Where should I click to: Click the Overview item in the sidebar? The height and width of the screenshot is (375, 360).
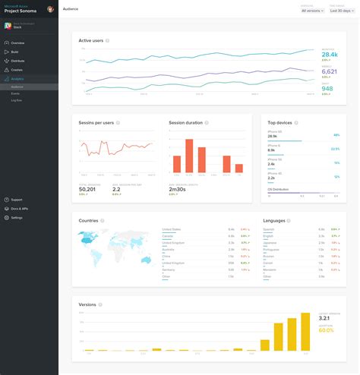(x=18, y=43)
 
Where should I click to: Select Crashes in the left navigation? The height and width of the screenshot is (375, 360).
(x=17, y=70)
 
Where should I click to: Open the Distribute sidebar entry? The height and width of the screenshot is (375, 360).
(x=18, y=61)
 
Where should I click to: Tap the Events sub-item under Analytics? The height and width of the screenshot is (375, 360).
(x=16, y=93)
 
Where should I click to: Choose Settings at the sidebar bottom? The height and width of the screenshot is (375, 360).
(x=17, y=217)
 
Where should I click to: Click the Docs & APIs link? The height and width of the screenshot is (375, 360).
(x=20, y=208)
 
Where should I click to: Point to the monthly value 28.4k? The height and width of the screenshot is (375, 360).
(x=329, y=55)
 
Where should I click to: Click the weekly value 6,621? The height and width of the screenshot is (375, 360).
(x=329, y=72)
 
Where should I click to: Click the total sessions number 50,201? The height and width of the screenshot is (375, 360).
(x=89, y=190)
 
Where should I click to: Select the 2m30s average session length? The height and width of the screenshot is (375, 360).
(x=178, y=190)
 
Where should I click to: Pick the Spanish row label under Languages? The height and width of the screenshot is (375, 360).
(x=268, y=228)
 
